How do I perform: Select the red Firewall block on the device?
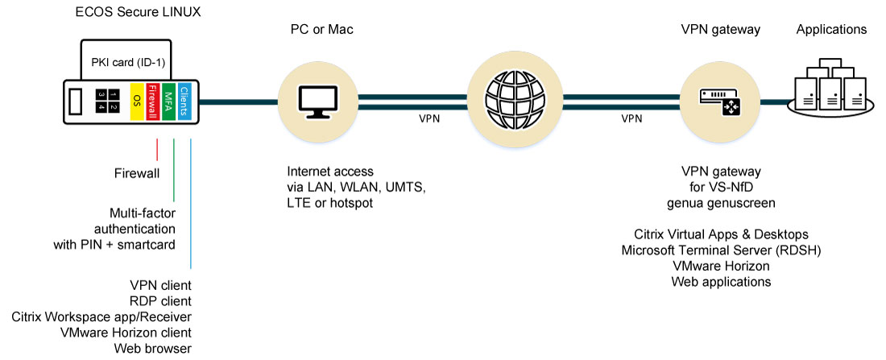tap(153, 101)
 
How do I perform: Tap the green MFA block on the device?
tap(169, 101)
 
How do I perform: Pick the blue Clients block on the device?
tap(185, 101)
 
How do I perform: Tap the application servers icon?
tap(832, 84)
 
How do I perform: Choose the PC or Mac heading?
tap(322, 30)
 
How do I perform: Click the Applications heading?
tap(831, 30)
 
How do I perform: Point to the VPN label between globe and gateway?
tap(631, 118)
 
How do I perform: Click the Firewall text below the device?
tap(136, 172)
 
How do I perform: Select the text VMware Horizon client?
tap(125, 332)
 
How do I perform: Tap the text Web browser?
tap(152, 348)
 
